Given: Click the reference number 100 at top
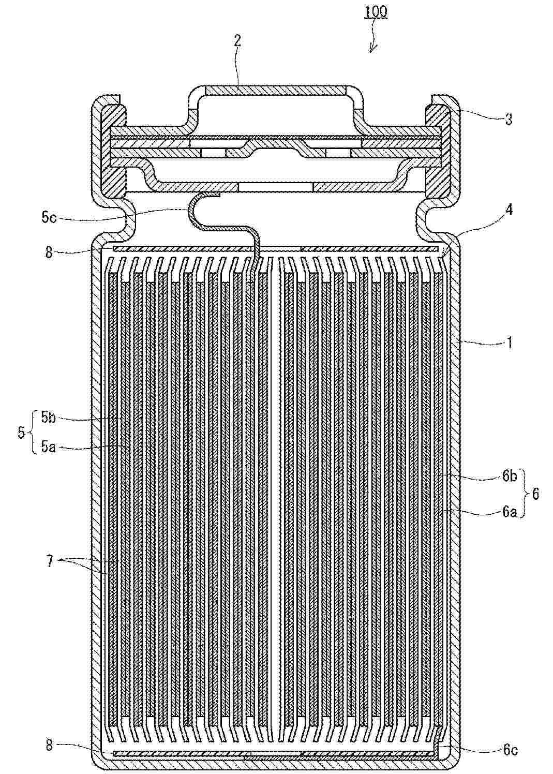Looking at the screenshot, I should click(376, 11).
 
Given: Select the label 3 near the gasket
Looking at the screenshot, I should click(509, 120).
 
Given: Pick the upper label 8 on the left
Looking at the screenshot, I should click(49, 253).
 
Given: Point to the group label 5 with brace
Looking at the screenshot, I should click(21, 432).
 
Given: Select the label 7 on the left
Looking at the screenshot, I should click(50, 562).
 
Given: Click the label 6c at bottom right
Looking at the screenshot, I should click(509, 750).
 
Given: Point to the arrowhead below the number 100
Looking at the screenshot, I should click(371, 50).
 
